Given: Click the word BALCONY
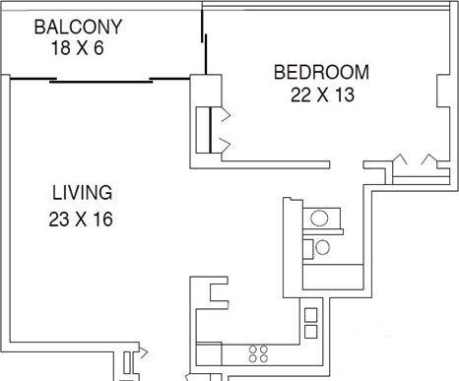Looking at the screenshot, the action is coord(78,27).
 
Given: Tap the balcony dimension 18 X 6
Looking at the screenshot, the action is coord(78,48).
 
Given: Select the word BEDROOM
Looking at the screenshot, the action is coord(321,72).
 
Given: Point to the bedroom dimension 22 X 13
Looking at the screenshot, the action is coord(322,95).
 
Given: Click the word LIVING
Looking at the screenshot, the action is coord(82,193).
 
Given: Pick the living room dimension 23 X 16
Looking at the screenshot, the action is coord(81,220).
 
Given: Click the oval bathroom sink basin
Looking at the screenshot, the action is coord(319,219).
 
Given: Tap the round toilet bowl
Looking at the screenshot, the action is coord(322,247).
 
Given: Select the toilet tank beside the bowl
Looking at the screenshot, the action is coord(307,249).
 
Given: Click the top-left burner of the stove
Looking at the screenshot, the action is coord(253,349).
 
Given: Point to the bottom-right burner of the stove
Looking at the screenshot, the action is coord(264,358).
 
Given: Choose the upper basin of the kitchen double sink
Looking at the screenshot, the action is coord(311,315).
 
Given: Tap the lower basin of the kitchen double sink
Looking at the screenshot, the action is coord(311,332).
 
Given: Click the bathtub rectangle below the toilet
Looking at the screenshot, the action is coord(333,277).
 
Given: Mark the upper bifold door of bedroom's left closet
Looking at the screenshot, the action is coord(226,114).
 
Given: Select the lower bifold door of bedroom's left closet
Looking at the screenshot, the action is coord(226,145).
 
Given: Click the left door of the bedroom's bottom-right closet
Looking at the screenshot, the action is coord(400,159).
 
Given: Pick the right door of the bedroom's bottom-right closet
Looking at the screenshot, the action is coord(429,159).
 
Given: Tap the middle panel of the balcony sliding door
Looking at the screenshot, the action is coord(101,82).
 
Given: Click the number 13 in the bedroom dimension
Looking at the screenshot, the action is coord(345,95).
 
